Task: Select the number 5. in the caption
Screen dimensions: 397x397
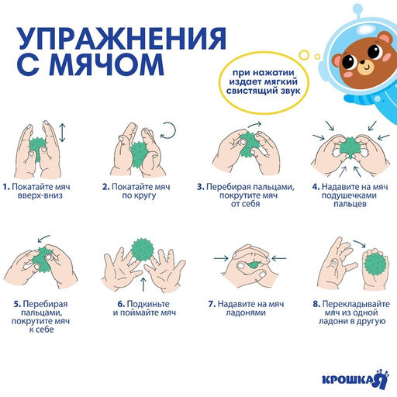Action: coord(17,303)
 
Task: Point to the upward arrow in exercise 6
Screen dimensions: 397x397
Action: coord(142,281)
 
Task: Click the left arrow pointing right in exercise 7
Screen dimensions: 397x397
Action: coord(220,257)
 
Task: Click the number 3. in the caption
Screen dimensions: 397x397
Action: coord(200,187)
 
